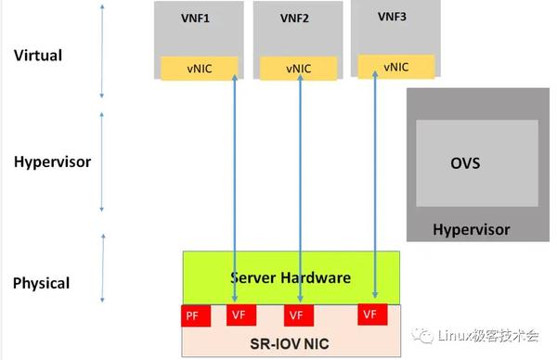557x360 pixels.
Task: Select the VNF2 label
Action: pyautogui.click(x=293, y=18)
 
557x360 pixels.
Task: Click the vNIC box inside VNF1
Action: pyautogui.click(x=199, y=68)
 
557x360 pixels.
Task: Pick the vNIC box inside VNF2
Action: pyautogui.click(x=297, y=68)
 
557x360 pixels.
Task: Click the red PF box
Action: pyautogui.click(x=192, y=315)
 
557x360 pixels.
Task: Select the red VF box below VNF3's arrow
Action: pyautogui.click(x=370, y=315)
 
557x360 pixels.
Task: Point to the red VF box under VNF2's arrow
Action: pyautogui.click(x=295, y=315)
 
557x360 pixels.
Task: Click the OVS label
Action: pyautogui.click(x=465, y=163)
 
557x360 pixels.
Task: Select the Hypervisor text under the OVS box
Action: pyautogui.click(x=472, y=229)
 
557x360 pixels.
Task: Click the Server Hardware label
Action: pyautogui.click(x=291, y=277)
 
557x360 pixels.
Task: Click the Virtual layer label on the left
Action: pyautogui.click(x=38, y=56)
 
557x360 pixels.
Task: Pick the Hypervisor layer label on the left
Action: pyautogui.click(x=52, y=161)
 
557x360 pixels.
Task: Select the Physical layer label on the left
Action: pyautogui.click(x=41, y=282)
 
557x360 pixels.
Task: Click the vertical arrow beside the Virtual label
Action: pyautogui.click(x=102, y=51)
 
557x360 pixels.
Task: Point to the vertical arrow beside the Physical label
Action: pyautogui.click(x=102, y=269)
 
